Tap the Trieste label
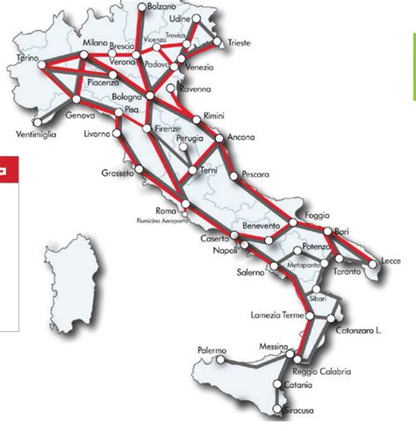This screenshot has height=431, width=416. [x=240, y=41]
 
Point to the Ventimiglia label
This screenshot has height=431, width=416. [x=37, y=134]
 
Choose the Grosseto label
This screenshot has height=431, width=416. [x=117, y=173]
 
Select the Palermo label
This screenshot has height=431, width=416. [x=212, y=349]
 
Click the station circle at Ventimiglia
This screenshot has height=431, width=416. [x=37, y=122]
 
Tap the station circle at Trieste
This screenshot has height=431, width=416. [x=219, y=40]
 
